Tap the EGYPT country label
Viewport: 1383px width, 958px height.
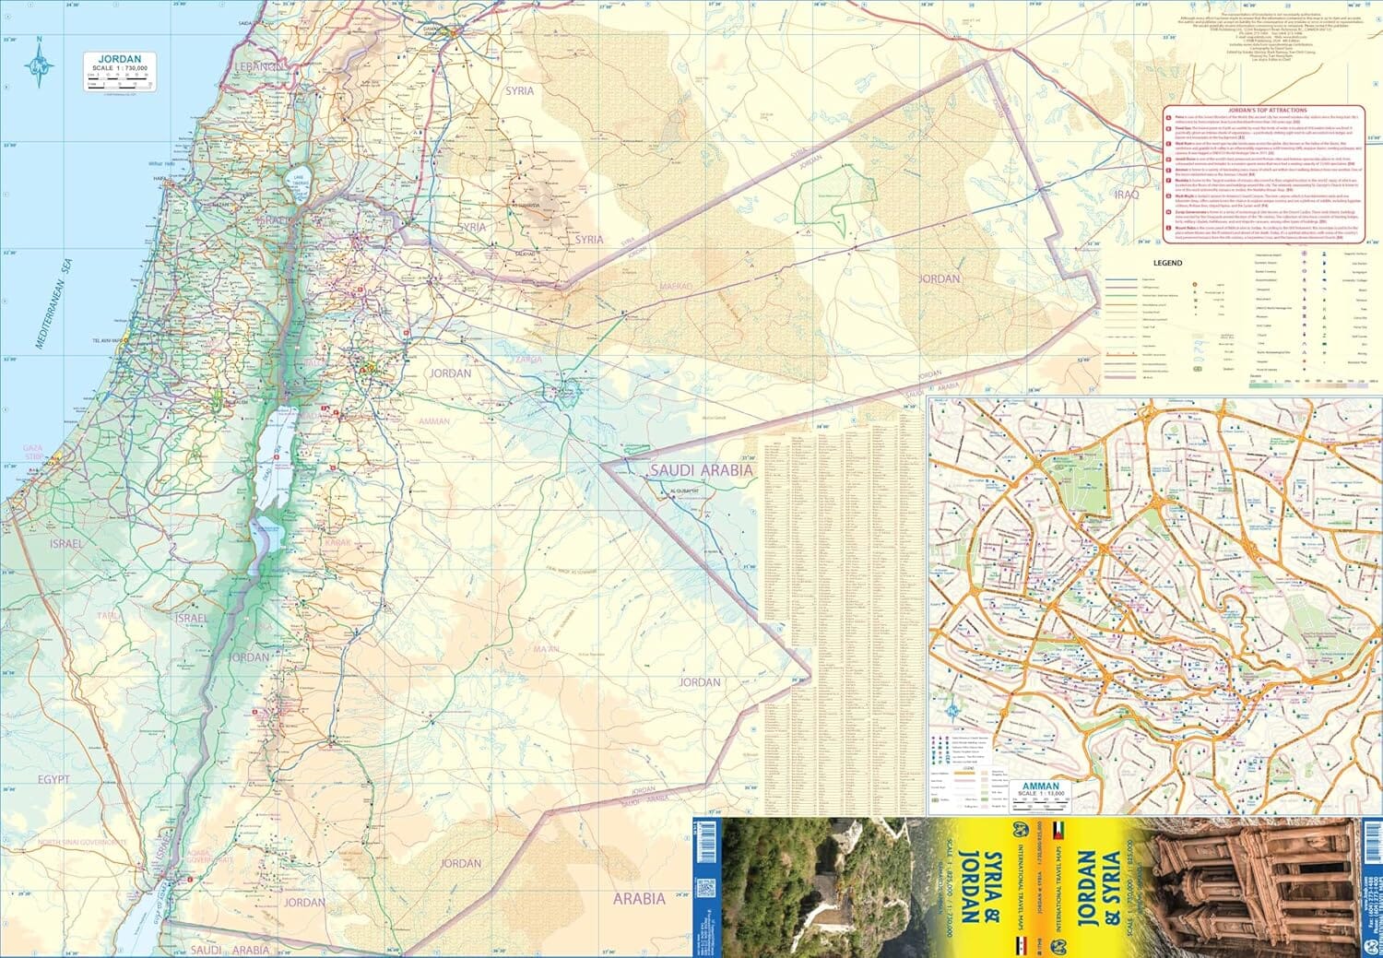(53, 779)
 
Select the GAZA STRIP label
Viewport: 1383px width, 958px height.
(33, 452)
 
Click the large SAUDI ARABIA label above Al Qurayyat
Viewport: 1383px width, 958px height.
(701, 470)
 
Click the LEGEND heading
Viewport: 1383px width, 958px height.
(1167, 263)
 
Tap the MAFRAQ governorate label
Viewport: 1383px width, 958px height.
(675, 287)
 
